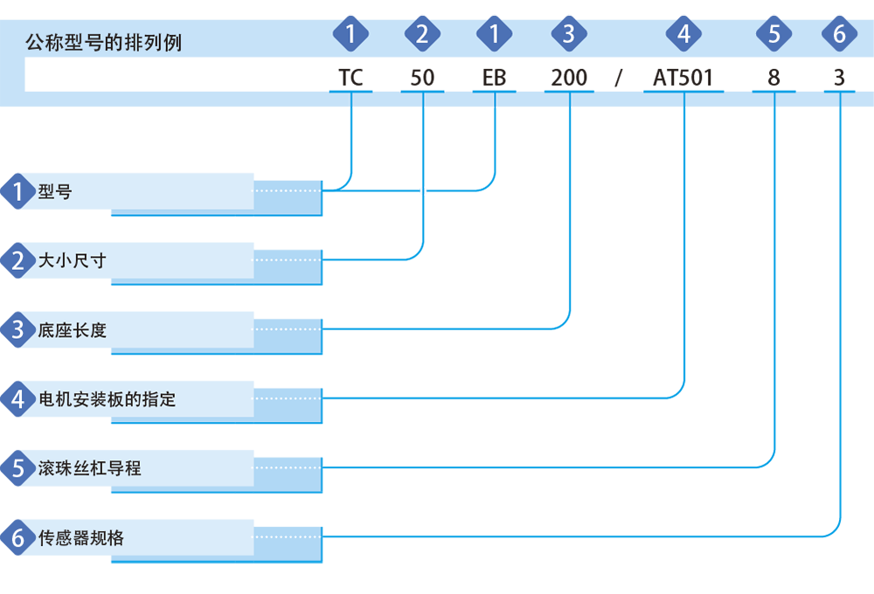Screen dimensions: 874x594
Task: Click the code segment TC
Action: click(350, 78)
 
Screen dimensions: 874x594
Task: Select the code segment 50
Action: click(422, 78)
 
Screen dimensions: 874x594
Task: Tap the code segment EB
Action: click(495, 78)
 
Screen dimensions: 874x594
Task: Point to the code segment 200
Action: click(569, 78)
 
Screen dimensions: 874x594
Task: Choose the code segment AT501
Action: click(683, 78)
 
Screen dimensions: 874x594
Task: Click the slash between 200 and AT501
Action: click(618, 78)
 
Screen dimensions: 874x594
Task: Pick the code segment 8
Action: click(773, 78)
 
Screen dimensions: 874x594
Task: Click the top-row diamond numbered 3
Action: click(569, 34)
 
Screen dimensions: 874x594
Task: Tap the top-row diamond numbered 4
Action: click(684, 34)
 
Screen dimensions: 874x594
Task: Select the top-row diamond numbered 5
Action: click(774, 34)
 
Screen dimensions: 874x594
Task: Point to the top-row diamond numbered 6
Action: click(839, 34)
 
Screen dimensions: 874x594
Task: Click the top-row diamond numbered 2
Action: click(422, 34)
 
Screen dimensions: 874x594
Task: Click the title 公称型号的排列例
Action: click(104, 42)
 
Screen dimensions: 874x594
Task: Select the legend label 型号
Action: click(54, 191)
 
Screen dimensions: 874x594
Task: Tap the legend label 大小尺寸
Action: click(72, 260)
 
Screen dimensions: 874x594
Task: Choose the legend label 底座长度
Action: click(72, 330)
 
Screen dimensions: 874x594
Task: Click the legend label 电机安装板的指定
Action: click(107, 399)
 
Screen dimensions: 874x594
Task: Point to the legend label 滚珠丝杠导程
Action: click(89, 468)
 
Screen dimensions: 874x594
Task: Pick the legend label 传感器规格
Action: click(80, 538)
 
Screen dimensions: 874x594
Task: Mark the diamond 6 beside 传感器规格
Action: click(17, 538)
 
